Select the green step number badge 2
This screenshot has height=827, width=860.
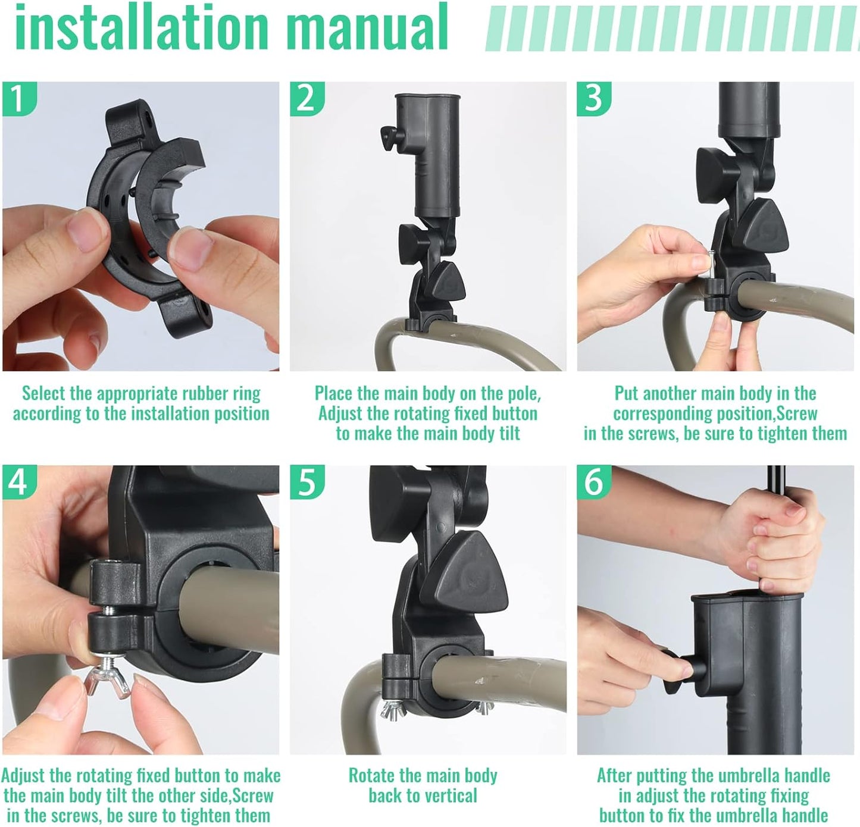pos(306,98)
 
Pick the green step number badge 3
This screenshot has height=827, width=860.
pos(593,98)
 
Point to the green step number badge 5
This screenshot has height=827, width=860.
pos(306,481)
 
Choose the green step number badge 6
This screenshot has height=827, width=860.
pos(593,481)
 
